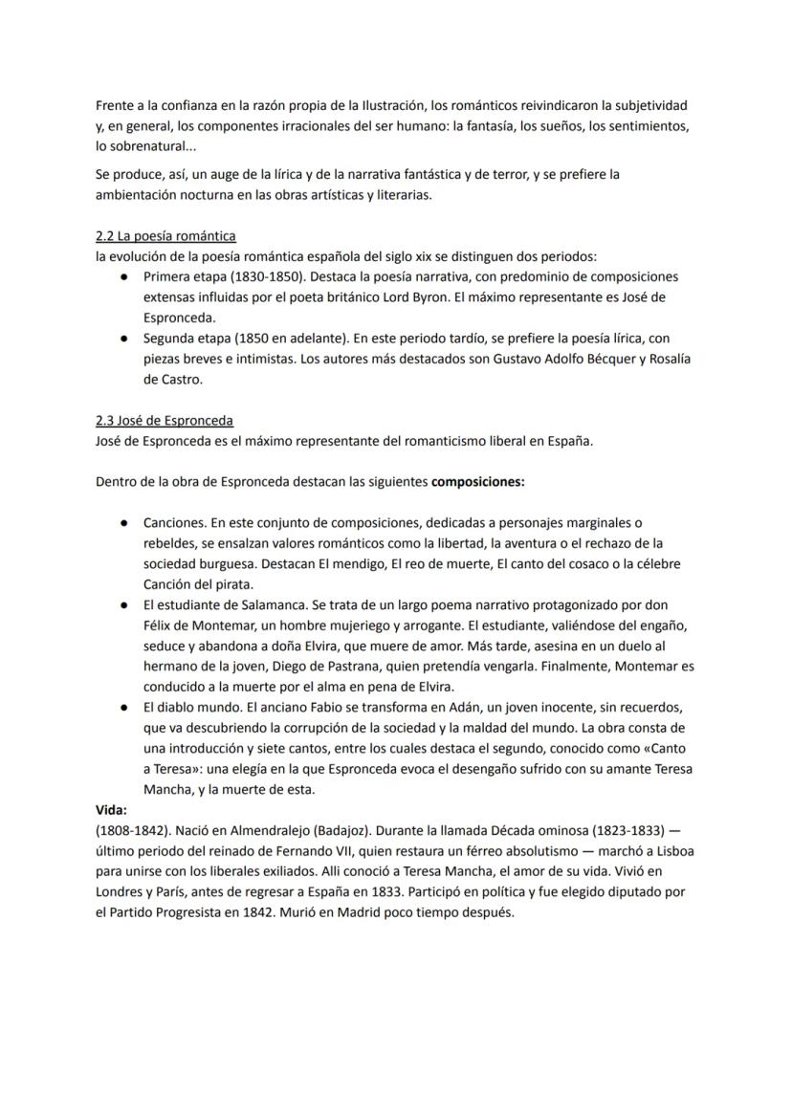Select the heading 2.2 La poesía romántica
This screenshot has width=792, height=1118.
click(x=165, y=235)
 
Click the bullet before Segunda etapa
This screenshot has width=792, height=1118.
click(x=125, y=338)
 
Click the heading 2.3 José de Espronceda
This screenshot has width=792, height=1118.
click(x=165, y=421)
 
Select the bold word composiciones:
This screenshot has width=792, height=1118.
click(x=477, y=482)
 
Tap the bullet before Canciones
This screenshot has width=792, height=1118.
click(x=125, y=523)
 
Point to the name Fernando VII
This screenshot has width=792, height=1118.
click(x=323, y=850)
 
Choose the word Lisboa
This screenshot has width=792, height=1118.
click(x=666, y=850)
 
